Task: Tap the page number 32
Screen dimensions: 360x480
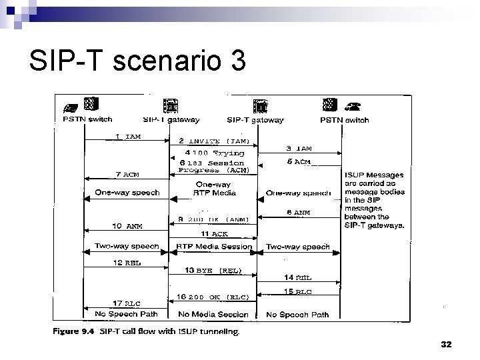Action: pos(446,344)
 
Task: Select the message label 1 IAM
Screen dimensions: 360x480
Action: pos(128,137)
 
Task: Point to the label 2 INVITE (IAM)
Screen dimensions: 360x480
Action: pos(214,141)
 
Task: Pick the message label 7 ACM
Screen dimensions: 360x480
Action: pos(127,175)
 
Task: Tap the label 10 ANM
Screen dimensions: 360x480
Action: pos(127,226)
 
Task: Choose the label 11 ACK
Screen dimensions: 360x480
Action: pos(214,234)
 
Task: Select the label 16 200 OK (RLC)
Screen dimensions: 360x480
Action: pos(213,297)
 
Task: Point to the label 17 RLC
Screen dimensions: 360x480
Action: pos(126,303)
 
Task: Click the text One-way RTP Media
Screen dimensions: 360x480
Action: pos(213,188)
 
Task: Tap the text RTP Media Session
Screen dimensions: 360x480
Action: pos(213,247)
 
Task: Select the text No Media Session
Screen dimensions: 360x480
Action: pos(213,314)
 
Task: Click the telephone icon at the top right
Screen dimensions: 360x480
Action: pos(352,105)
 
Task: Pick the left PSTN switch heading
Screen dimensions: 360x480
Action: pos(88,120)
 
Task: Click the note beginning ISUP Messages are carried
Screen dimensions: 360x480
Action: pos(375,199)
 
